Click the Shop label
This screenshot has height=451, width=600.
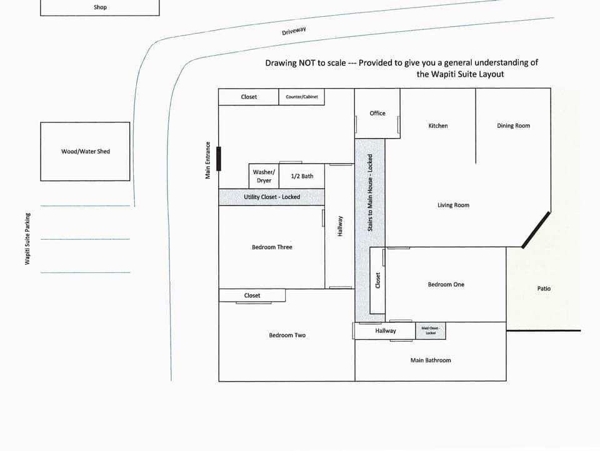[x=100, y=7]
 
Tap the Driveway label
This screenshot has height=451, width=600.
[x=294, y=31]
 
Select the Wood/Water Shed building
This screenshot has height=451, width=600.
[x=85, y=151]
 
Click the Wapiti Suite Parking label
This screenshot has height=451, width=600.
[x=27, y=239]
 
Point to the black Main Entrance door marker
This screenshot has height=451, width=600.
[x=219, y=158]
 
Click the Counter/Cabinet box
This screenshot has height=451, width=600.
[x=302, y=97]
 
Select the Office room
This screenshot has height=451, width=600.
[x=377, y=113]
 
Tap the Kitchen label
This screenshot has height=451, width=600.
[x=437, y=126]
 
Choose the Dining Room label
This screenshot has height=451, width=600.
[x=513, y=126]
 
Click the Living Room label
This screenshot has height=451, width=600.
[x=453, y=205]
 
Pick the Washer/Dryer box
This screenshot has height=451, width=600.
[x=264, y=176]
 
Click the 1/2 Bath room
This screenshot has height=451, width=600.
[x=302, y=176]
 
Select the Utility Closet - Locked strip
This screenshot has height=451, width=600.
[x=271, y=197]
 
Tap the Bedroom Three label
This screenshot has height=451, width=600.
[x=272, y=247]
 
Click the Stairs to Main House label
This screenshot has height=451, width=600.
[x=370, y=192]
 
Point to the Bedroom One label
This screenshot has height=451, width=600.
[x=446, y=284]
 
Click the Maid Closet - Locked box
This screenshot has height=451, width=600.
[x=431, y=330]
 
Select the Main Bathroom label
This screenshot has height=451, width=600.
[x=430, y=360]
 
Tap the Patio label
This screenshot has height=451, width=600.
[x=544, y=289]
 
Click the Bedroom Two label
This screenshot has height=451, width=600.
[x=287, y=335]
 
